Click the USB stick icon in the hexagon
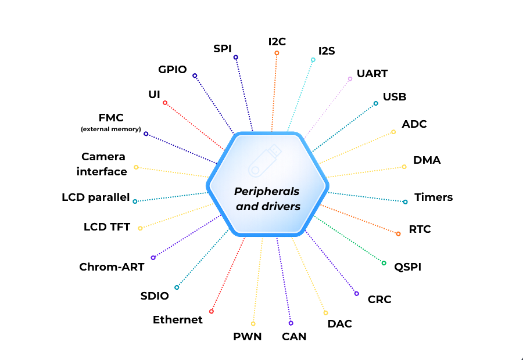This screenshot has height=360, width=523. coord(265,161)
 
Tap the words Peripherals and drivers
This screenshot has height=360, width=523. coord(267,199)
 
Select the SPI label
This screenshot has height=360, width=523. coord(223,48)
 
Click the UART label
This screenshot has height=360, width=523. coord(372,74)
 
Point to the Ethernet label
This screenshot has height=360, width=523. coord(178,320)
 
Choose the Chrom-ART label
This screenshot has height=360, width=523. coord(112,267)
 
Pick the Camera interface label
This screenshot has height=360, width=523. coord(103,164)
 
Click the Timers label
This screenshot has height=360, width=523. coord(434,197)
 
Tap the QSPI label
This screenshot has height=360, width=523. coord(407,267)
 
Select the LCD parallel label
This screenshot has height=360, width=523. coord(96,197)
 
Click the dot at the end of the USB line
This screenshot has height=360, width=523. coord(376,103)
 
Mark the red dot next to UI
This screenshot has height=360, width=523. coord(165,103)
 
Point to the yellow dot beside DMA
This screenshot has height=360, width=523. coord(404,167)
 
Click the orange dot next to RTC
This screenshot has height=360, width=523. coord(398,234)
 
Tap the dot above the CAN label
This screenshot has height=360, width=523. coord(291,323)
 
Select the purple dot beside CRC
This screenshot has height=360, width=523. coord(357,294)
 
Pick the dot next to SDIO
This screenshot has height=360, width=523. coord(177,287)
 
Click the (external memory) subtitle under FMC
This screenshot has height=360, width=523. coord(110,128)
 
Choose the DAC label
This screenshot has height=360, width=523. coord(340,323)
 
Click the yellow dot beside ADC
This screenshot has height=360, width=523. coord(393,132)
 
